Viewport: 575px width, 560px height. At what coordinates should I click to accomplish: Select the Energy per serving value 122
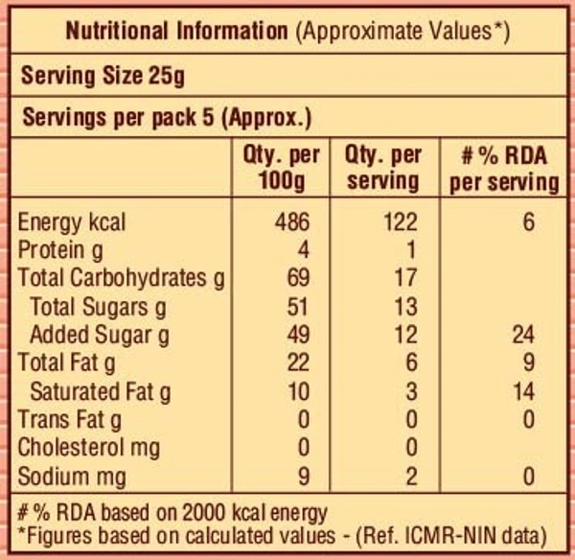tap(399, 222)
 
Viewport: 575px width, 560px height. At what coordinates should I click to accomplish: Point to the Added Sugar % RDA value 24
tap(522, 335)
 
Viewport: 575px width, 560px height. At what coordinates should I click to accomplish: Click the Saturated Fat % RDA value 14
tap(522, 391)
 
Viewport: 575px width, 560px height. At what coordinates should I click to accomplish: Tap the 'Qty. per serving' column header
tap(383, 167)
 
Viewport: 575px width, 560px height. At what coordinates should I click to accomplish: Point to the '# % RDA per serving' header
tap(504, 167)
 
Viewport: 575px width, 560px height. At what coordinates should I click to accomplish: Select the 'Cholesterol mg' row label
tap(89, 448)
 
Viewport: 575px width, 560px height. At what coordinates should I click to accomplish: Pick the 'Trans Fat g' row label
tap(70, 419)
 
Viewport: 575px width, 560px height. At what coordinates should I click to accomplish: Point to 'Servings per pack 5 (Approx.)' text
tap(166, 119)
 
